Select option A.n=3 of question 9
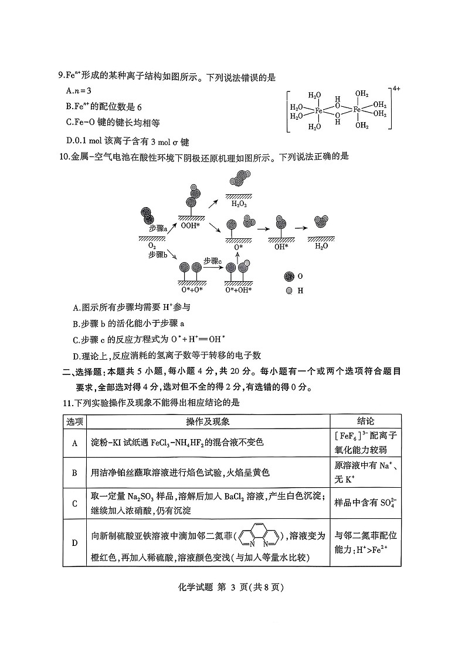pyautogui.click(x=79, y=91)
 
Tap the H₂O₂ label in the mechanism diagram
pyautogui.click(x=239, y=204)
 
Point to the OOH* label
pyautogui.click(x=191, y=224)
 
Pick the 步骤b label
pyautogui.click(x=158, y=255)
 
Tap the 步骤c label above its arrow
pyautogui.click(x=213, y=260)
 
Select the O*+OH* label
pyautogui.click(x=239, y=289)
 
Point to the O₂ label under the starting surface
pyautogui.click(x=152, y=245)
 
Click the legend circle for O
pyautogui.click(x=288, y=276)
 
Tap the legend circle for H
pyautogui.click(x=288, y=291)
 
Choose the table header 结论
pyautogui.click(x=366, y=421)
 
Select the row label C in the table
pyautogui.click(x=75, y=503)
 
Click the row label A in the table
pyautogui.click(x=75, y=443)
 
